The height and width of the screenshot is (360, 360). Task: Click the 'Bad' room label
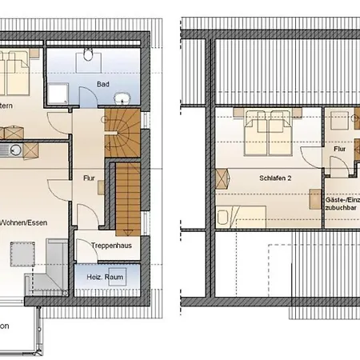[103, 84]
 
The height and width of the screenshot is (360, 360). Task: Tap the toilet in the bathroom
[88, 57]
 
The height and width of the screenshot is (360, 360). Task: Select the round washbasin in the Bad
[122, 99]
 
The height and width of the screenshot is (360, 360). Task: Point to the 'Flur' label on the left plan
[90, 178]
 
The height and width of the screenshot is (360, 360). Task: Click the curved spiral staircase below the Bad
[124, 132]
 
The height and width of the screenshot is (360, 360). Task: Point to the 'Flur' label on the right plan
[339, 149]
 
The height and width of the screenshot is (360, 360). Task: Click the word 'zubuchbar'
[342, 205]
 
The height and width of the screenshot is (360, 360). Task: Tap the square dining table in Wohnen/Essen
[22, 254]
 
